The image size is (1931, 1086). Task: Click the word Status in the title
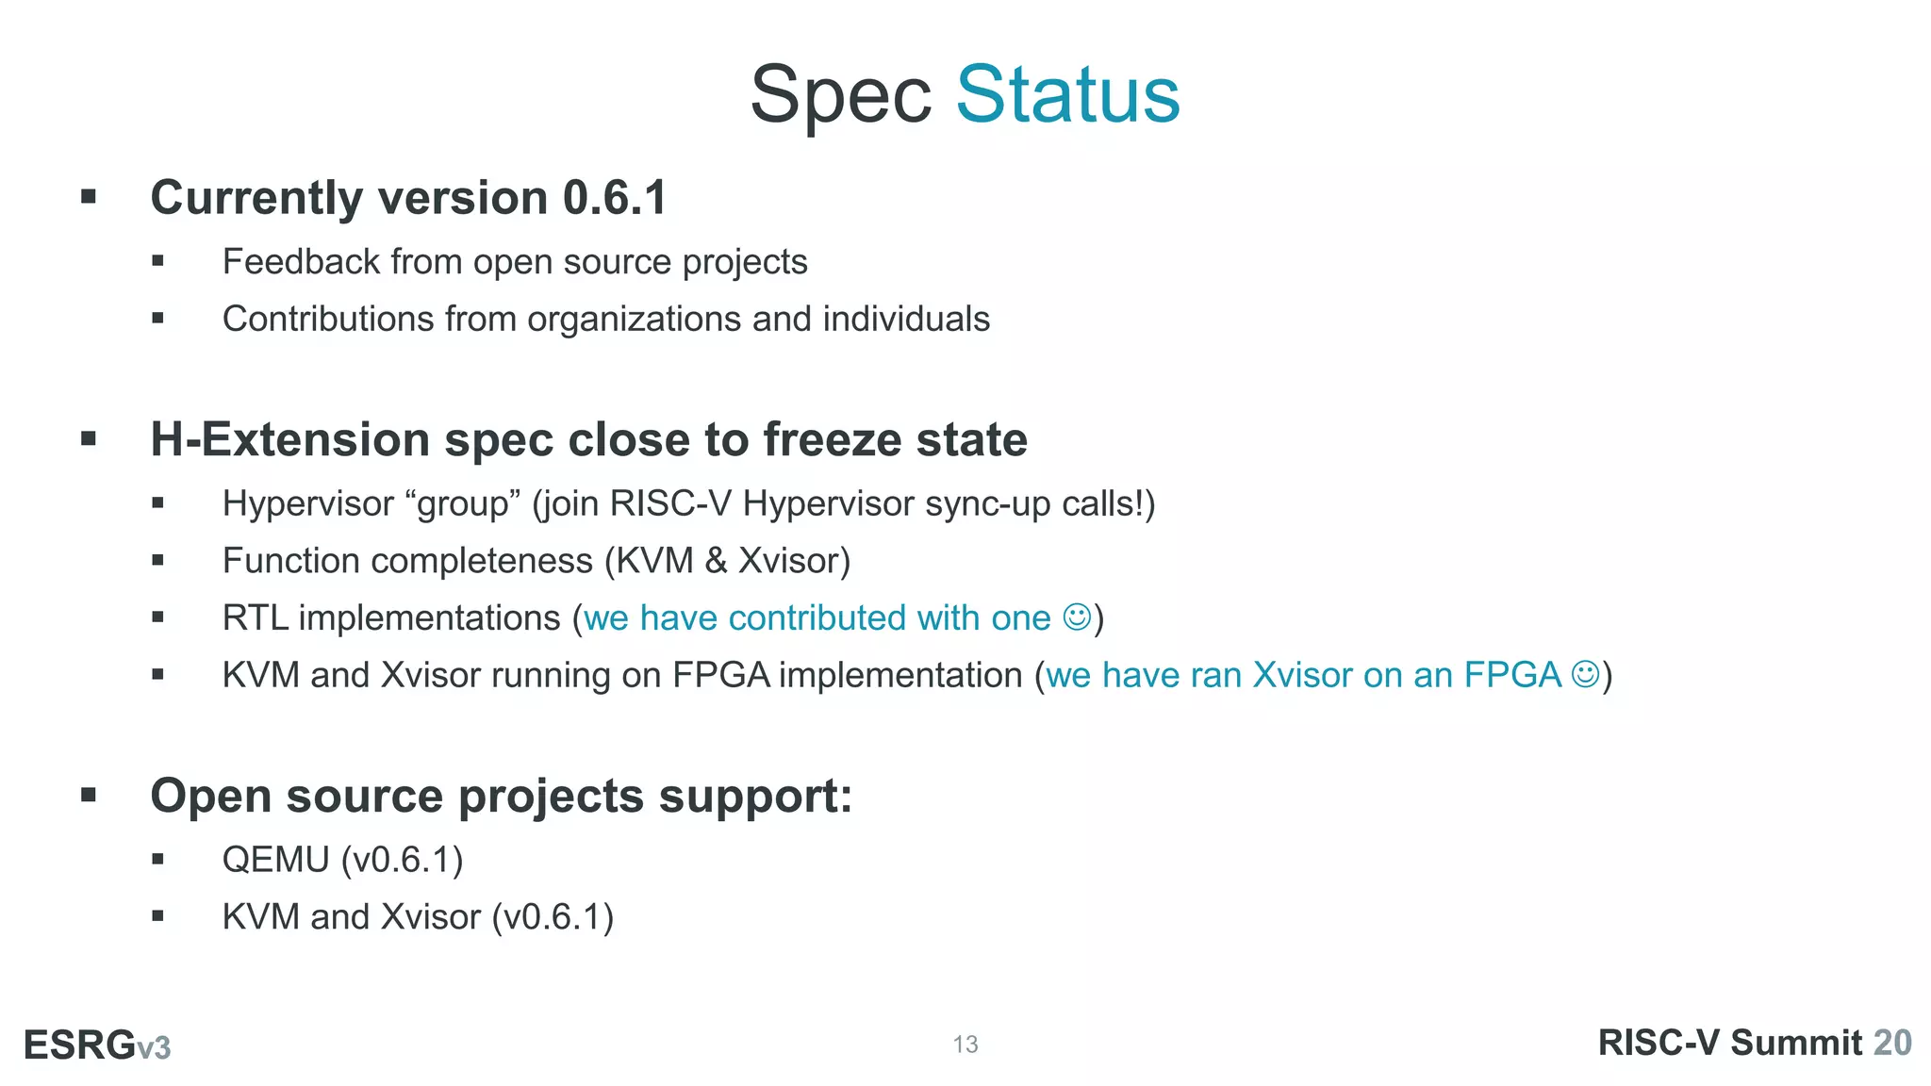(1067, 94)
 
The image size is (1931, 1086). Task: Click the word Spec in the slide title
(840, 96)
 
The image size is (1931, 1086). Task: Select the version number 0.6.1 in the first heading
(615, 198)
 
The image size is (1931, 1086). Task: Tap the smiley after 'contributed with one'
(1077, 617)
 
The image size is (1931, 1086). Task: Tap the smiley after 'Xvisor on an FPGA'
(1586, 674)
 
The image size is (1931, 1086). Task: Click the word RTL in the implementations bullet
(255, 617)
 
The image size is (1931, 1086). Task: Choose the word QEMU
(275, 860)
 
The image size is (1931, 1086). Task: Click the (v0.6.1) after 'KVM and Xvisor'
(553, 916)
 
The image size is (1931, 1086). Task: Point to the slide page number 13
(965, 1045)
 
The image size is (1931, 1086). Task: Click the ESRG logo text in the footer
(80, 1045)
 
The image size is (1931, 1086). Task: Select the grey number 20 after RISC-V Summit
(1891, 1043)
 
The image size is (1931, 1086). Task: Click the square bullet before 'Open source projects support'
(89, 795)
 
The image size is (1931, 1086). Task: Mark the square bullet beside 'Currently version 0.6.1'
(89, 197)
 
